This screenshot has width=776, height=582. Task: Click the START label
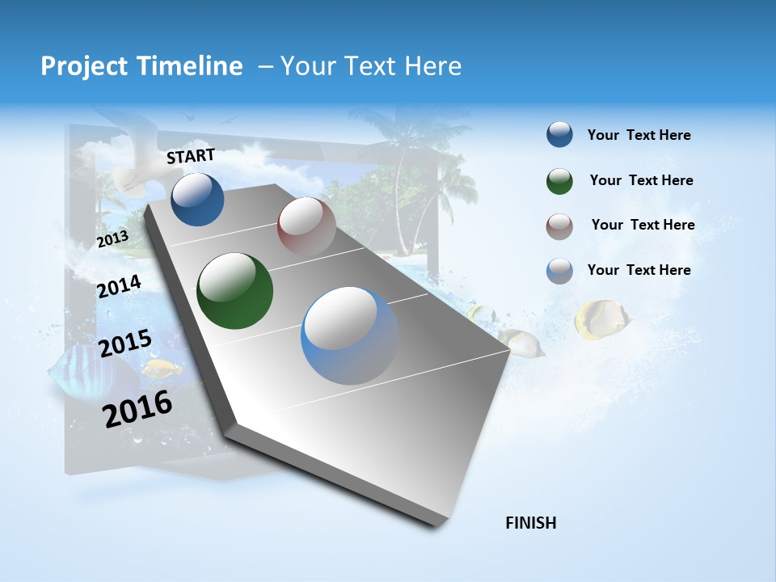191,155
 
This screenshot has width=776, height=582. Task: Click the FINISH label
531,523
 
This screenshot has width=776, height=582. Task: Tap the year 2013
112,239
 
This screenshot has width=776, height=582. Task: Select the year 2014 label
119,286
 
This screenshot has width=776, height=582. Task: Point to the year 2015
125,344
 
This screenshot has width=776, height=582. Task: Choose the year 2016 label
137,408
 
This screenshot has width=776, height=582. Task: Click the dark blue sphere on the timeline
198,199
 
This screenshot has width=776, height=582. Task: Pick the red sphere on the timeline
306,226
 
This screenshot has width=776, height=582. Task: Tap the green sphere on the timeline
234,291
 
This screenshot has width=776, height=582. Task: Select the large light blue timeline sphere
349,335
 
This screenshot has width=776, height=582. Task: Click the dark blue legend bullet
559,134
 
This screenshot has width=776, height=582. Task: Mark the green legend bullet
559,180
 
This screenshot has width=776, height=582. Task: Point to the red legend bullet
559,226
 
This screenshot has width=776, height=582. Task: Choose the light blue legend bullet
559,270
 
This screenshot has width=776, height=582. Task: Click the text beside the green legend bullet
641,180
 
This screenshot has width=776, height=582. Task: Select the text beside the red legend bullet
643,225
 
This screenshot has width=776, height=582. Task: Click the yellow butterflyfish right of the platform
601,317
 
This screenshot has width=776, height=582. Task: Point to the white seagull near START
137,154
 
